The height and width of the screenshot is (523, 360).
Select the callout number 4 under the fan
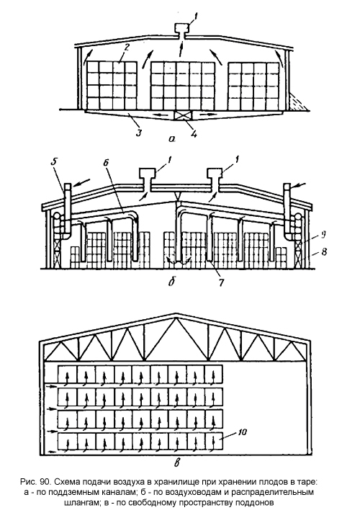click(x=194, y=134)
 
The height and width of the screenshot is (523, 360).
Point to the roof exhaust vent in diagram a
click(x=181, y=32)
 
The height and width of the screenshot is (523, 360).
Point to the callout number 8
click(x=324, y=251)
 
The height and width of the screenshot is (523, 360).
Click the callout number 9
click(x=322, y=234)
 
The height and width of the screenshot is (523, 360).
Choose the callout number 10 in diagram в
click(x=243, y=432)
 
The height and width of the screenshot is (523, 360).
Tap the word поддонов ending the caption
click(x=257, y=503)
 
